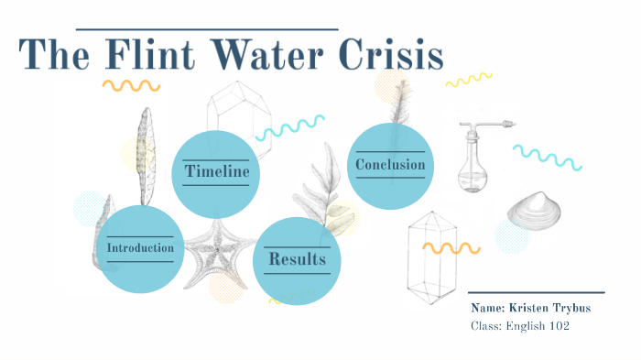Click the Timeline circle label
pyautogui.click(x=216, y=172)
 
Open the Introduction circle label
pyautogui.click(x=140, y=248)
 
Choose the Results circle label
pyautogui.click(x=297, y=260)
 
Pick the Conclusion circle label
pyautogui.click(x=390, y=165)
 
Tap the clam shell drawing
pyautogui.click(x=534, y=213)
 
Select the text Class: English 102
pyautogui.click(x=520, y=326)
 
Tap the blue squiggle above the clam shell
pyautogui.click(x=547, y=156)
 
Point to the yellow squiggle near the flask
pyautogui.click(x=468, y=81)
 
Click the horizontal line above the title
pyautogui.click(x=206, y=29)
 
